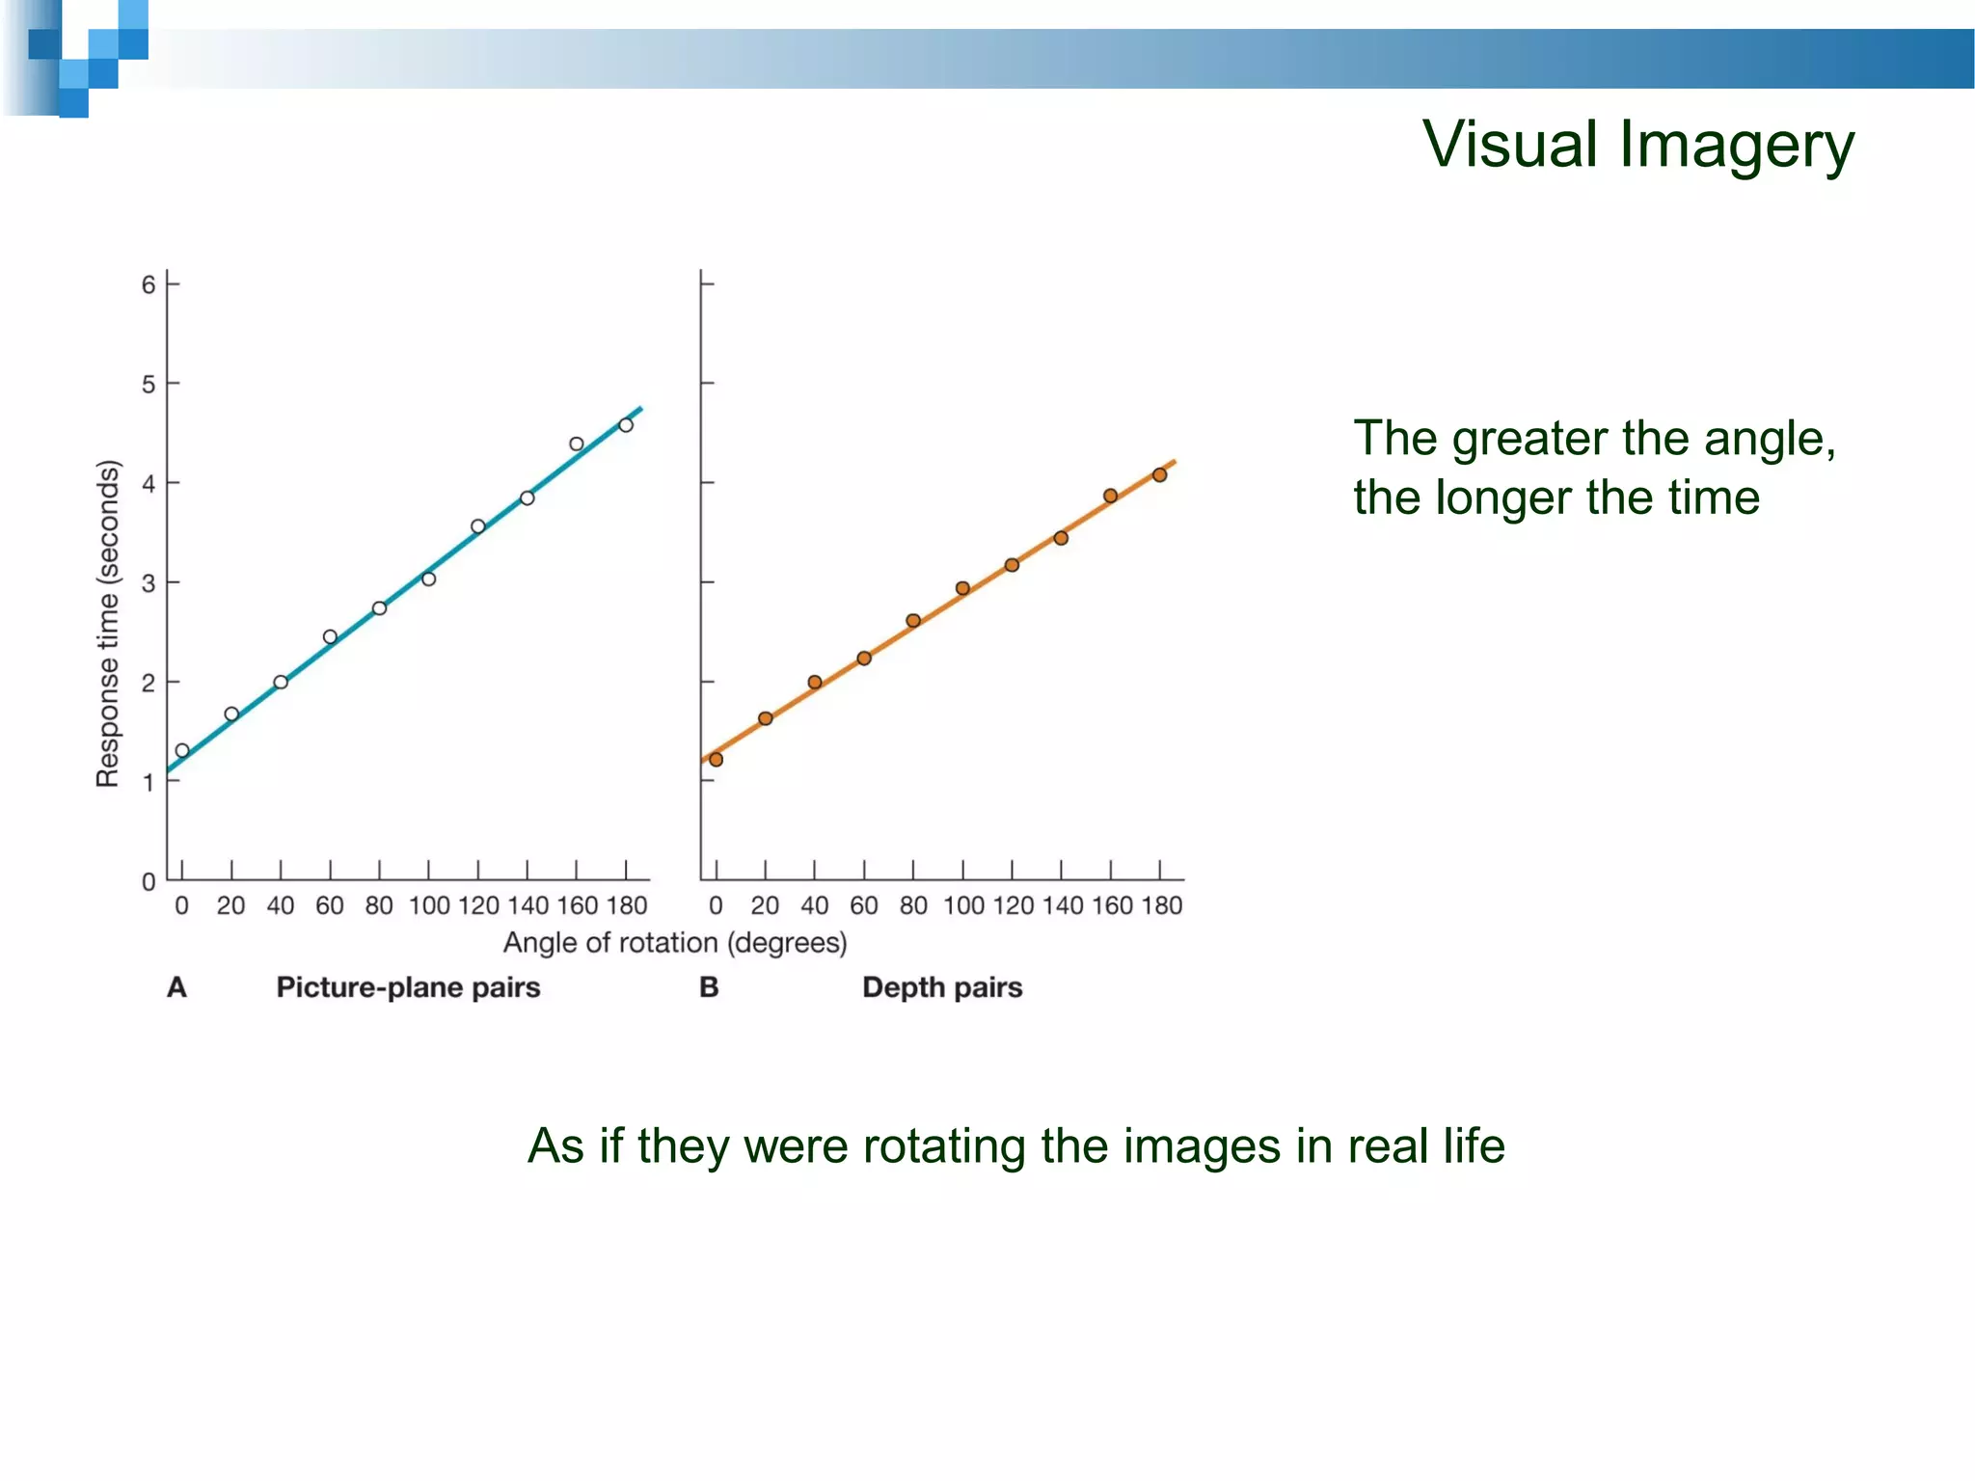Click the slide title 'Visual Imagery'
click(1637, 145)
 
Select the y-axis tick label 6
click(149, 284)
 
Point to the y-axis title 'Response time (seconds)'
click(108, 624)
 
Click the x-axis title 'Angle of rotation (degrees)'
click(675, 942)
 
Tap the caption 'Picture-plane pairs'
click(408, 987)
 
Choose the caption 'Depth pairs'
click(942, 987)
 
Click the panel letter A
click(176, 987)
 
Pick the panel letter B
click(709, 987)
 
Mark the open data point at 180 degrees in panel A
click(626, 425)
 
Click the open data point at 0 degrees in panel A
click(182, 750)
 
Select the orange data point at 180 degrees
click(1160, 474)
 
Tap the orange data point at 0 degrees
click(716, 760)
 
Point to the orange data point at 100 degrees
click(962, 588)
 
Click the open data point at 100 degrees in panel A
click(429, 579)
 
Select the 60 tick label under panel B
click(863, 905)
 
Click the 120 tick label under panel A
click(478, 905)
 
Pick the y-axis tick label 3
click(149, 582)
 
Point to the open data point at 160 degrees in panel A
click(577, 444)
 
